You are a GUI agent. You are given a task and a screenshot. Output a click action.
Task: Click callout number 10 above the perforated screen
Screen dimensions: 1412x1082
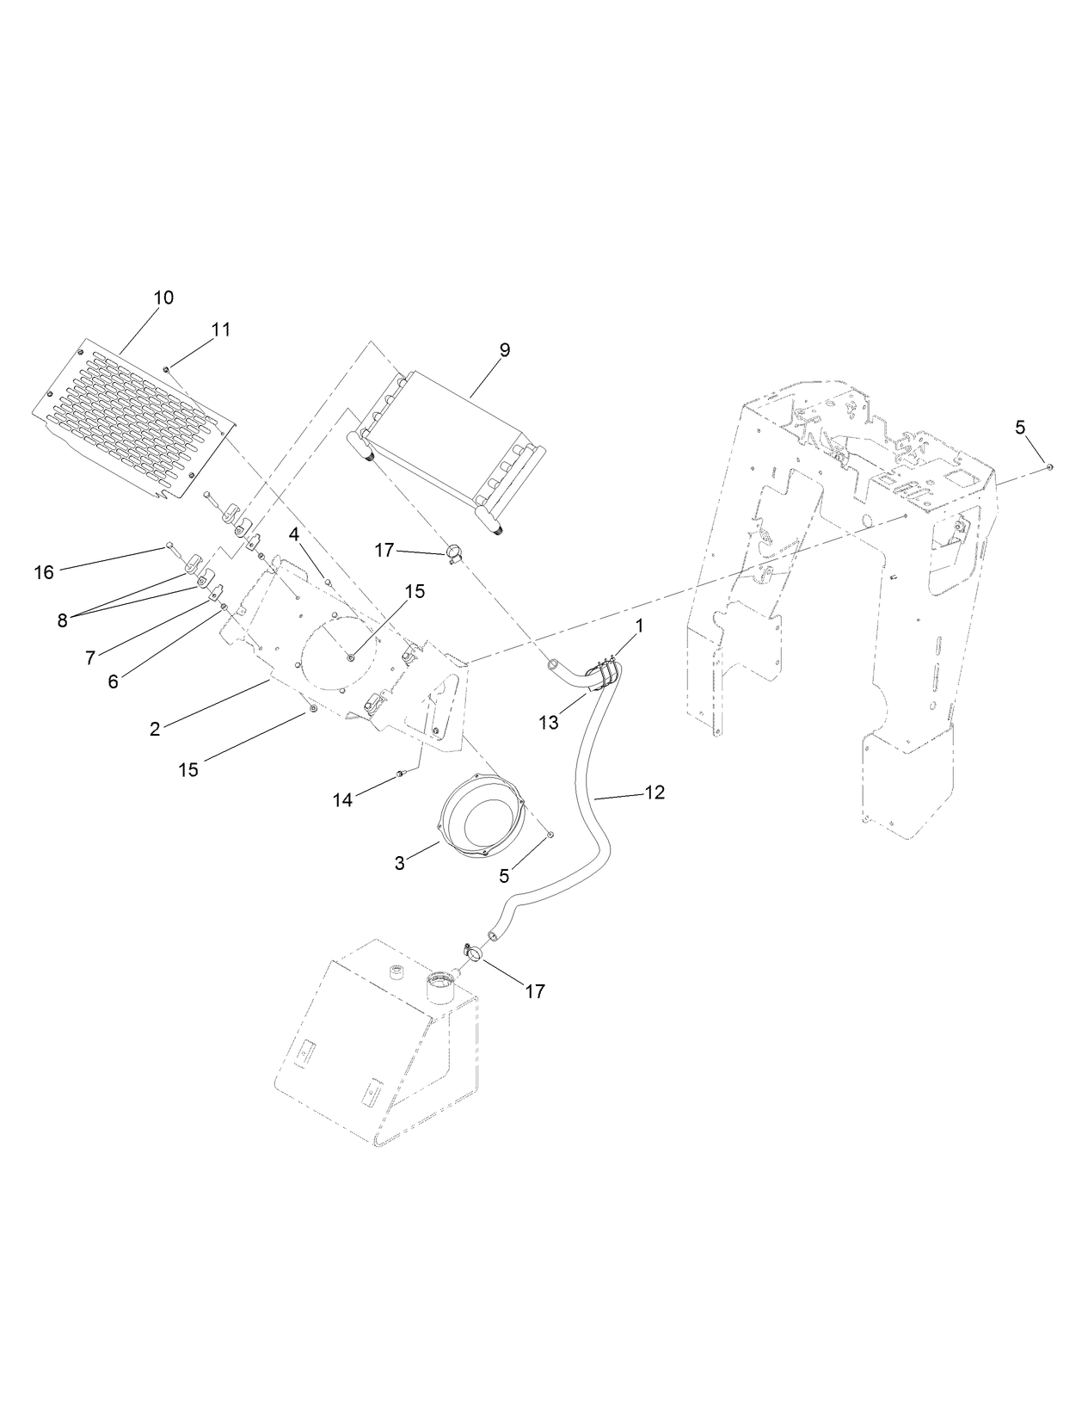pyautogui.click(x=163, y=298)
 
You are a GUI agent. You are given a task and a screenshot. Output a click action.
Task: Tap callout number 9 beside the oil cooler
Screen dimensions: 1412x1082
pyautogui.click(x=504, y=349)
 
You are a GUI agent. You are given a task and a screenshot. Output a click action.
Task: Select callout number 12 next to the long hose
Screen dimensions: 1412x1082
pyautogui.click(x=655, y=792)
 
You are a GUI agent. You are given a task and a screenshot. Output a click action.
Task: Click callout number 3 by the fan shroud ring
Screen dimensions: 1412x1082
pyautogui.click(x=399, y=863)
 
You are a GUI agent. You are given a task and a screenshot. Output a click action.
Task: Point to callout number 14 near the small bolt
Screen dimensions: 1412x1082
pyautogui.click(x=342, y=800)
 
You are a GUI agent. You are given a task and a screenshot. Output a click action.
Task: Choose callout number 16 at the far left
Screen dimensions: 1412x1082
pyautogui.click(x=44, y=571)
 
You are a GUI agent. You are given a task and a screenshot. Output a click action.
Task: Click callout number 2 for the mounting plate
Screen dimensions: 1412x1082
pyautogui.click(x=155, y=729)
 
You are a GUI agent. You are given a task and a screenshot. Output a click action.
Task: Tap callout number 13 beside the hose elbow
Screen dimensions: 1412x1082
pyautogui.click(x=549, y=723)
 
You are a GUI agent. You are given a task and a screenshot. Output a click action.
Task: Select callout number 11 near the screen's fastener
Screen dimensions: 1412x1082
pyautogui.click(x=221, y=330)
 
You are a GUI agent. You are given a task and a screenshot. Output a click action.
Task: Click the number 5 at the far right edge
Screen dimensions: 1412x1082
pyautogui.click(x=1020, y=427)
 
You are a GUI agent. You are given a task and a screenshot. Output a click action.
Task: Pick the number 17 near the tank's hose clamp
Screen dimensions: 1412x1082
pyautogui.click(x=534, y=991)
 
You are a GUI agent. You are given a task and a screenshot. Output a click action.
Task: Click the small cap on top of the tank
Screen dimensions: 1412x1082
pyautogui.click(x=397, y=972)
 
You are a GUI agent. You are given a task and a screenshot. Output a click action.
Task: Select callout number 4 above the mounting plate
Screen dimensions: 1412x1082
pyautogui.click(x=294, y=534)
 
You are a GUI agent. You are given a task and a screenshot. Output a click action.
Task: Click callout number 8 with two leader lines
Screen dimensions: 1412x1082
pyautogui.click(x=62, y=620)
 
